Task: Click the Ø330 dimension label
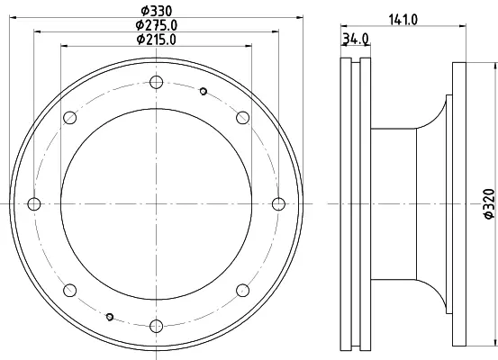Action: pos(157,11)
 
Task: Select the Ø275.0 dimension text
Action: pos(157,25)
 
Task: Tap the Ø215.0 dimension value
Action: pos(157,40)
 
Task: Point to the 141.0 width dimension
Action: pos(403,20)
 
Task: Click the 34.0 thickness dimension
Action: pos(356,39)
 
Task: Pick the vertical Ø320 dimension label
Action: pos(489,203)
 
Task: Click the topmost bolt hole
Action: pos(157,82)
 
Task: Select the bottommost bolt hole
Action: pos(157,326)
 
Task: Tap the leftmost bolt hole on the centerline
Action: pos(34,203)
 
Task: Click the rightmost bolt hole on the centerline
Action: pos(278,203)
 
